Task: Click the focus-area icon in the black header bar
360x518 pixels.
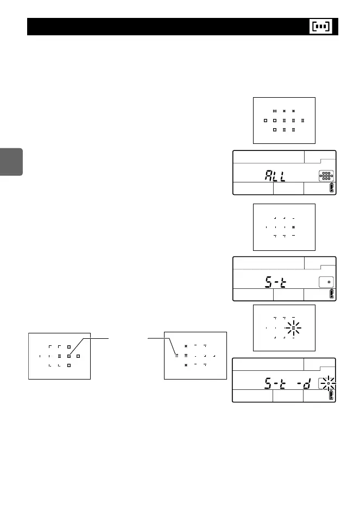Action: pos(323,27)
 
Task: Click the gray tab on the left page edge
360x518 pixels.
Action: pos(11,161)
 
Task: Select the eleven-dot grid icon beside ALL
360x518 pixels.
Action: pos(326,176)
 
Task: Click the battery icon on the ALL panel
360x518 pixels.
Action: pos(332,188)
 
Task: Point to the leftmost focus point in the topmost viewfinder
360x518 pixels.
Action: pos(266,120)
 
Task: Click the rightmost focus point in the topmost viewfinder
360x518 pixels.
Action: pos(302,120)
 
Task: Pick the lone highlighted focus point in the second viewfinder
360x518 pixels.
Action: pos(293,226)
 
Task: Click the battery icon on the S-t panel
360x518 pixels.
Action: pos(332,294)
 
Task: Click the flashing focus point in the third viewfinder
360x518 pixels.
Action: pos(293,328)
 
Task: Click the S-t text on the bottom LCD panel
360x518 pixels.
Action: pos(276,385)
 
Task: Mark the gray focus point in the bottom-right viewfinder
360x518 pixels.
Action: pos(176,356)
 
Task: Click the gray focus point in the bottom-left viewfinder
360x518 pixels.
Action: pos(68,356)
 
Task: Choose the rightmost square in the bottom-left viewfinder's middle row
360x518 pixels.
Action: pos(78,356)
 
